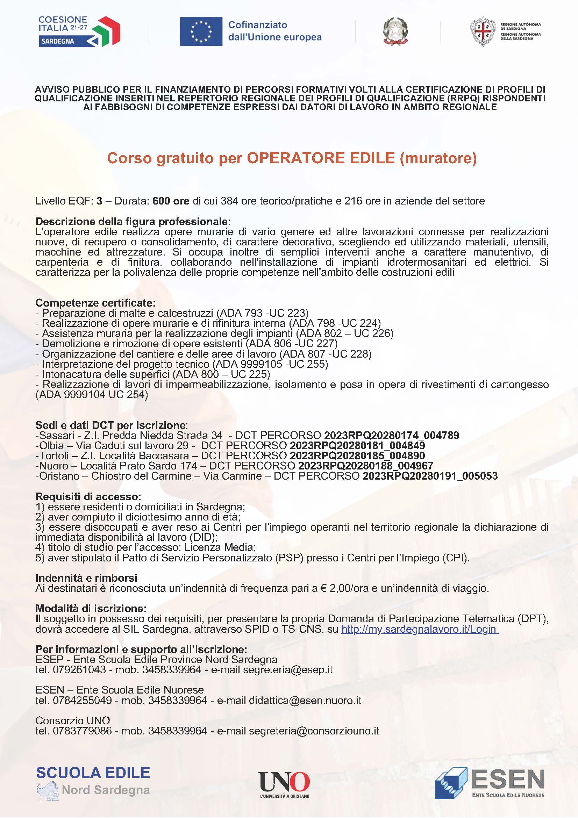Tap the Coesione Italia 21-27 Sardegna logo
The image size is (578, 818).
(79, 31)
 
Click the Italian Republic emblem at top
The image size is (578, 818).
(395, 32)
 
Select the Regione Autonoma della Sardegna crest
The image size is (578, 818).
(483, 31)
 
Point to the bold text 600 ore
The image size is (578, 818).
(171, 201)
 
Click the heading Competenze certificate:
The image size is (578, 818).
(95, 303)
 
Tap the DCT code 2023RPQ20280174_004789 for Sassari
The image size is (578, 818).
(391, 435)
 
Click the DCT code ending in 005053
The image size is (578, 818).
(430, 476)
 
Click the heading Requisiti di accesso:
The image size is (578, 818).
(88, 497)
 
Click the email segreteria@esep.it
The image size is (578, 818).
(287, 670)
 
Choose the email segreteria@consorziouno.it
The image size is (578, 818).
(314, 731)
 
